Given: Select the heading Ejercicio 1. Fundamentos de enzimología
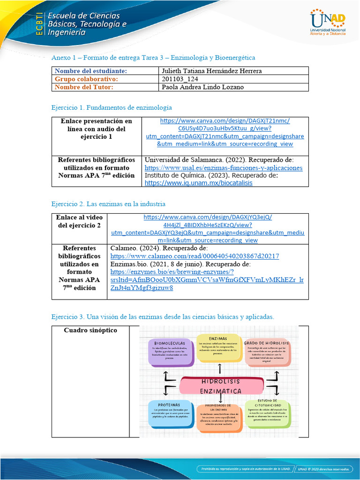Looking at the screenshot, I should click(x=112, y=107).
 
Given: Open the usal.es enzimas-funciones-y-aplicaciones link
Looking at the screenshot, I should click(x=224, y=168).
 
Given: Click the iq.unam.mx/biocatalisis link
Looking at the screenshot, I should click(x=199, y=183).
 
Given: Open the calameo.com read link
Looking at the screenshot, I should click(x=195, y=256).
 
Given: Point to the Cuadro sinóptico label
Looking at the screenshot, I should click(x=90, y=330).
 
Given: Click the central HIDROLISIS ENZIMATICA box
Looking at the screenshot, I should click(x=221, y=385).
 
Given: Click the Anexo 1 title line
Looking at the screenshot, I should click(x=153, y=58).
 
